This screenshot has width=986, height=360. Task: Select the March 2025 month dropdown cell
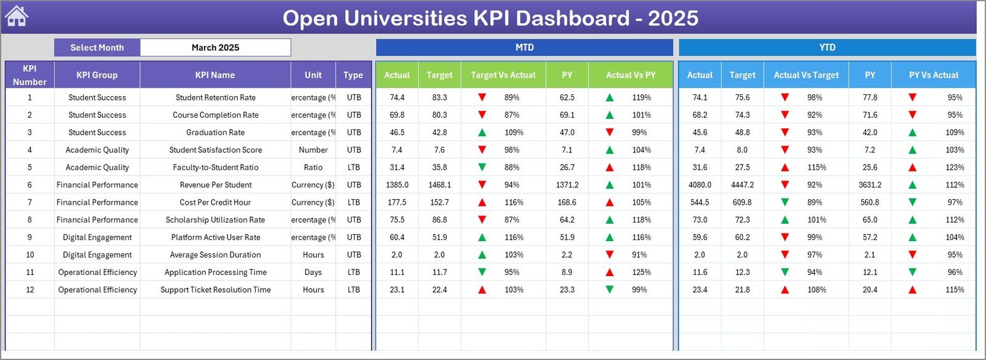(215, 47)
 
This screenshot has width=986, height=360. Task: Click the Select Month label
(97, 47)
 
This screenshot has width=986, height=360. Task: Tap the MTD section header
(524, 47)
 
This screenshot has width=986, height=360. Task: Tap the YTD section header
(827, 47)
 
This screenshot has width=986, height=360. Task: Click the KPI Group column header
(97, 75)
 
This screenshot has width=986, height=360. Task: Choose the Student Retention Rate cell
(215, 97)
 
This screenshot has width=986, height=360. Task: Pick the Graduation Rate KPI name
(215, 133)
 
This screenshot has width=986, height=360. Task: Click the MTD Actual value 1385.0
(397, 185)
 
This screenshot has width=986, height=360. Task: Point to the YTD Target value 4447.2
(742, 185)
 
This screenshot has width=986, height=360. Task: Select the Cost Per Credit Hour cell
(215, 202)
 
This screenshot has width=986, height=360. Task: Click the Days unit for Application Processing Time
(313, 272)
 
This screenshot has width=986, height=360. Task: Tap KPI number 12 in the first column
(30, 290)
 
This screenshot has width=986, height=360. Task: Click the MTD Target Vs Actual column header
(503, 75)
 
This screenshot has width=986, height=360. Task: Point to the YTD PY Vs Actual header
(934, 75)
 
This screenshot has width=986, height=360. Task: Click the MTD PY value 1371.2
(567, 185)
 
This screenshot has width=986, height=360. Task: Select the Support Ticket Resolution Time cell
(215, 290)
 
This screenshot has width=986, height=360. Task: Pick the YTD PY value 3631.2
(870, 185)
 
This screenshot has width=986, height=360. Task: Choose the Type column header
(353, 75)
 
